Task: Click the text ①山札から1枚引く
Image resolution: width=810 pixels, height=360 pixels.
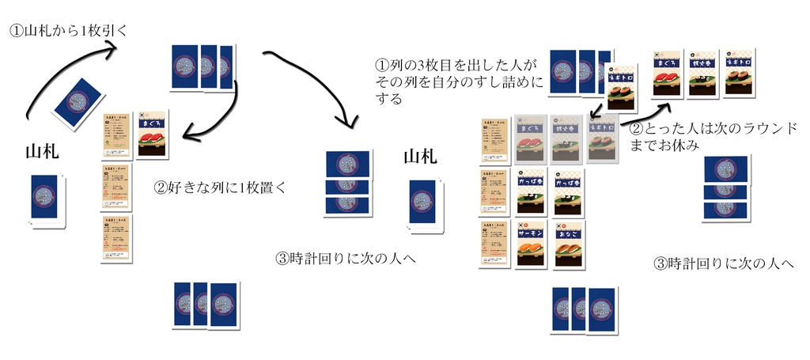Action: (x=67, y=31)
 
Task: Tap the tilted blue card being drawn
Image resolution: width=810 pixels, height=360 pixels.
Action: (x=78, y=102)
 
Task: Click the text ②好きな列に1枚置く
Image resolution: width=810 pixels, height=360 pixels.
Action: (x=219, y=188)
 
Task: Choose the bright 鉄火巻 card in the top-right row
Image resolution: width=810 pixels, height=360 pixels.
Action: (x=703, y=74)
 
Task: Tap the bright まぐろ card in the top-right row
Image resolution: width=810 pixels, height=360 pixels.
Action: (x=667, y=76)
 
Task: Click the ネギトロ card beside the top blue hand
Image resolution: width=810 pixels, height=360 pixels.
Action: (x=622, y=87)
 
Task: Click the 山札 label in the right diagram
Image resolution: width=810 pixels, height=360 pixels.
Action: (x=420, y=157)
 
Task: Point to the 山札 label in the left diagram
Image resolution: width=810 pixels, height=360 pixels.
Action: (x=42, y=151)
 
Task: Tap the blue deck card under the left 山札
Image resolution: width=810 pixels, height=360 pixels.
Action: (x=45, y=199)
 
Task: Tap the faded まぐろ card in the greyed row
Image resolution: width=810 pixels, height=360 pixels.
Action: (x=531, y=138)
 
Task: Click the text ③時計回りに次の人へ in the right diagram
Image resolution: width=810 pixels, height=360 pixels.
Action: (x=723, y=264)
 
